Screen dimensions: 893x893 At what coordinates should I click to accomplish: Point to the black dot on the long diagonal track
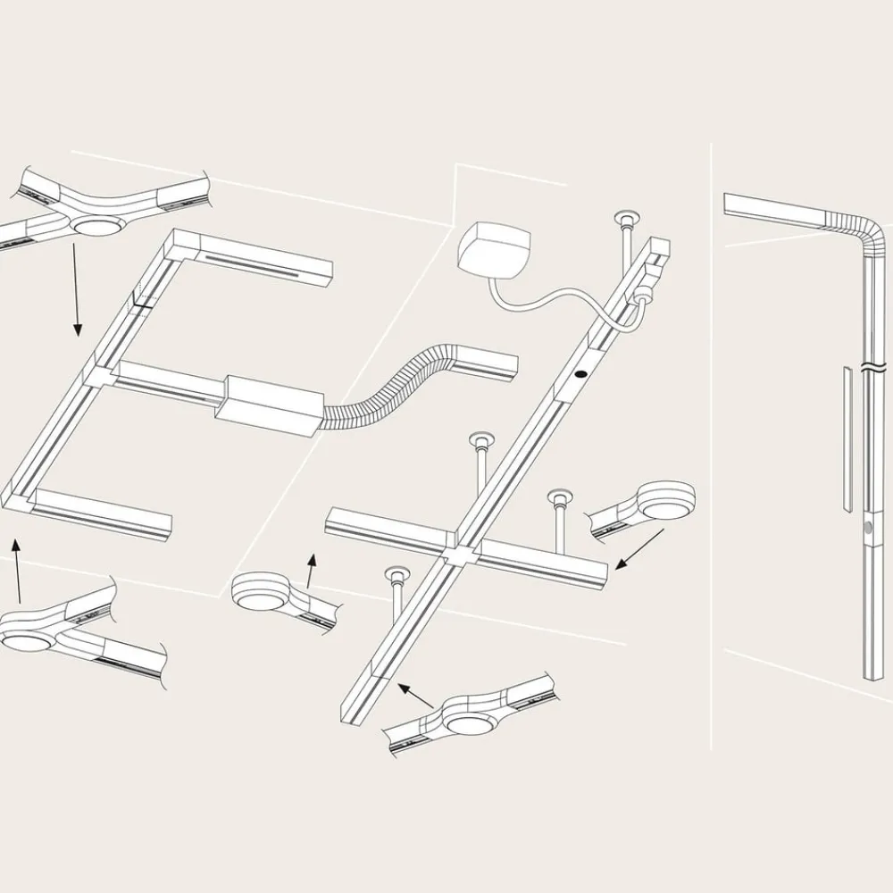[x=581, y=375]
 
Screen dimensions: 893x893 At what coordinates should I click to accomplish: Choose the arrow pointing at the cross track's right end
[x=641, y=548]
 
